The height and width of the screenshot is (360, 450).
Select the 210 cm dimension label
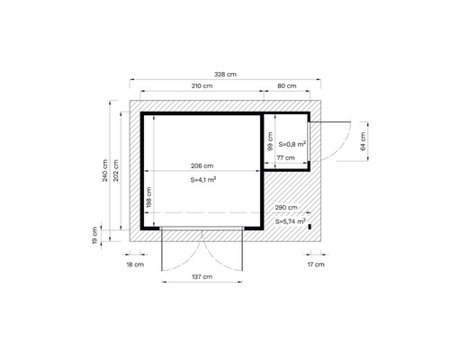(x=202, y=86)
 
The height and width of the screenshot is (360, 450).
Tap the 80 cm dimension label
(x=287, y=86)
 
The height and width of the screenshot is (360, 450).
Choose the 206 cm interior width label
(x=202, y=166)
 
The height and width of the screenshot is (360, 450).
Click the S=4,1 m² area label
(x=202, y=180)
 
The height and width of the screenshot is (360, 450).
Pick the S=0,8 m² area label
(x=292, y=143)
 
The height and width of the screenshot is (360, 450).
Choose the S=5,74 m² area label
(x=290, y=220)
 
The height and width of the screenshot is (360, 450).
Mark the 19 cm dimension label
(x=94, y=235)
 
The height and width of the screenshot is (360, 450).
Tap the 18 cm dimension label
(x=134, y=265)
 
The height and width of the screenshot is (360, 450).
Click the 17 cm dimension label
(x=314, y=265)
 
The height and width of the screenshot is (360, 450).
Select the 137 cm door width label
(x=202, y=278)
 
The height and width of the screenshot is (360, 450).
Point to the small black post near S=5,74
(x=308, y=225)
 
